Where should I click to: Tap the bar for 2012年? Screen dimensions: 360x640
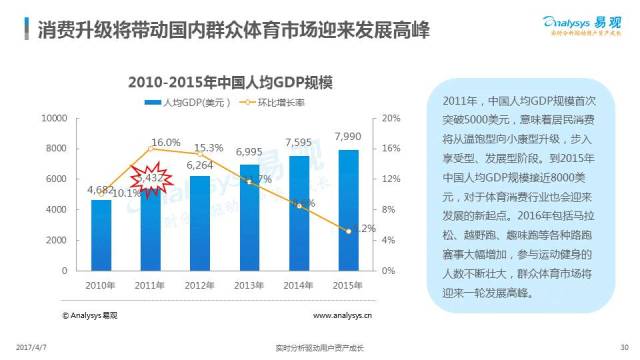(x=199, y=224)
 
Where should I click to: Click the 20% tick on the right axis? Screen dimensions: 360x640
(x=390, y=118)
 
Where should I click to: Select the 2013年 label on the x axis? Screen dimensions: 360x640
(x=248, y=284)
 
